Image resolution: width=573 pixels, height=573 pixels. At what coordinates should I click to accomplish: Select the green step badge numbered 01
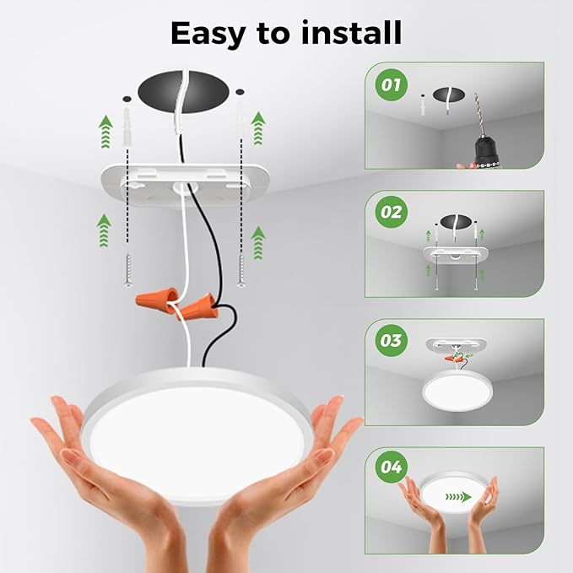390,85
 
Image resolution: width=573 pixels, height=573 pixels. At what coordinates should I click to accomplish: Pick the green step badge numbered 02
390,212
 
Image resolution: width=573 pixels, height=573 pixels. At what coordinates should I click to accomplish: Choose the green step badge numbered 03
390,342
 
